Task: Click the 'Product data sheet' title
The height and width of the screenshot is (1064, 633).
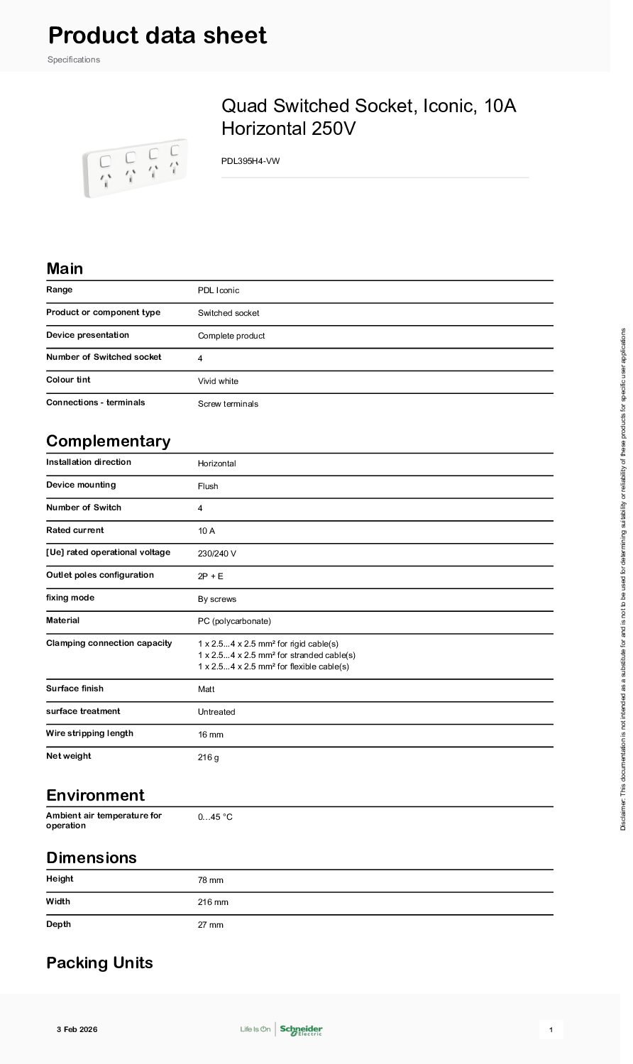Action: pos(157,35)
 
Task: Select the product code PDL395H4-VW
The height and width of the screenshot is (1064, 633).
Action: pos(251,161)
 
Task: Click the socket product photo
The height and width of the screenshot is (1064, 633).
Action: pos(136,168)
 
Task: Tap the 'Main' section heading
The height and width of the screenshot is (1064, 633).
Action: pos(65,268)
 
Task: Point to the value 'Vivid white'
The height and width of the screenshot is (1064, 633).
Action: pos(218,381)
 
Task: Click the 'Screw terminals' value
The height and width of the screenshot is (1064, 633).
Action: pos(228,404)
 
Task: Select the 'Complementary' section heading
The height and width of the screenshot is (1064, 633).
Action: pos(109,441)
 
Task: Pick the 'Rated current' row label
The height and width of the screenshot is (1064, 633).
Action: pos(75,530)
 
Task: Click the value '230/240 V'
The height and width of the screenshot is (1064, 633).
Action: pos(216,554)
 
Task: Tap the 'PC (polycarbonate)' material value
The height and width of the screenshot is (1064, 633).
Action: pos(234,621)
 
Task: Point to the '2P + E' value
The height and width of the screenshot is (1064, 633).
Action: pos(210,576)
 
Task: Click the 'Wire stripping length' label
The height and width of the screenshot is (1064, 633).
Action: pos(89,733)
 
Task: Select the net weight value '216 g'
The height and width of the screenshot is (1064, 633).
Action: pos(208,757)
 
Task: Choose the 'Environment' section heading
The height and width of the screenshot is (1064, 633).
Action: pos(95,795)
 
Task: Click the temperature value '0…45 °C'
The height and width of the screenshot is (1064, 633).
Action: pos(215,817)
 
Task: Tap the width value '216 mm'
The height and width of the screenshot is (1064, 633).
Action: pos(213,902)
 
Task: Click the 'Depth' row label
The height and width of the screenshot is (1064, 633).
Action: pos(58,924)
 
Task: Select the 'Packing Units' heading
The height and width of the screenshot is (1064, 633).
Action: pos(99,962)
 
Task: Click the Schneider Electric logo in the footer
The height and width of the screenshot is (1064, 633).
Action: pos(301,1029)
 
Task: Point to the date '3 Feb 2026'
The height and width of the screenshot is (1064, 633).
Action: pos(77,1029)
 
